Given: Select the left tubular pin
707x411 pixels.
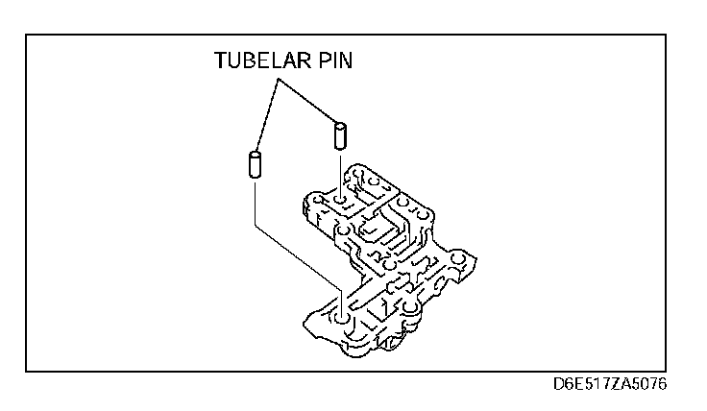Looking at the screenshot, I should (x=256, y=164).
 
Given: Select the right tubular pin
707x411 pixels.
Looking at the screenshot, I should (x=339, y=134).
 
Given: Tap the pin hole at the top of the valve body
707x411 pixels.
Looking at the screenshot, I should (x=340, y=201).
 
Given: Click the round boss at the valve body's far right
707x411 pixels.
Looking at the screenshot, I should (x=460, y=261).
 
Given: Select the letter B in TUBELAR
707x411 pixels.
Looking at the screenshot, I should (x=249, y=62).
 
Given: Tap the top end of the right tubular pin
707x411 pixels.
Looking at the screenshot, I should (x=339, y=123).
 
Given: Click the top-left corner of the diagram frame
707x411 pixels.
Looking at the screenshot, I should (x=26, y=35).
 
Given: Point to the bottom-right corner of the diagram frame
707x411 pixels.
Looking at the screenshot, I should (x=666, y=372).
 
